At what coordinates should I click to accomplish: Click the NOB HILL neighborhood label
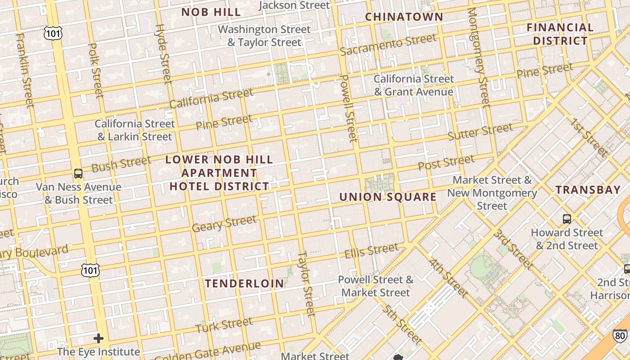click(211, 12)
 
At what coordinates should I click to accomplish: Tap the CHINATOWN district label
click(404, 17)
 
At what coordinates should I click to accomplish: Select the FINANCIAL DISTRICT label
click(560, 34)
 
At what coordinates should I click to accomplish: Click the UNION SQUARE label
click(387, 197)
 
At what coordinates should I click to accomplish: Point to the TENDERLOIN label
click(244, 283)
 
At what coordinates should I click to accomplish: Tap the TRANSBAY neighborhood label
click(588, 189)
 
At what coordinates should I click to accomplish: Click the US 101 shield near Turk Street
click(90, 270)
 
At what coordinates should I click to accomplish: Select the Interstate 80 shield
click(620, 335)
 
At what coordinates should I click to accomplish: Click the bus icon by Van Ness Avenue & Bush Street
click(78, 173)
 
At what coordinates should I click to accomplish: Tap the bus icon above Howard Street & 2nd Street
click(567, 219)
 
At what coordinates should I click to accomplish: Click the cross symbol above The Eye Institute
click(99, 338)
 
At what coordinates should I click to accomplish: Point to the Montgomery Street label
click(478, 58)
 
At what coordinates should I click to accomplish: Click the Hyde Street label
click(163, 54)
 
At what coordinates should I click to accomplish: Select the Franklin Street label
click(25, 70)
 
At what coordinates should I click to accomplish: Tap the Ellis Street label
click(371, 251)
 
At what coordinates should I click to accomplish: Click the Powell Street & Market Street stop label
click(375, 286)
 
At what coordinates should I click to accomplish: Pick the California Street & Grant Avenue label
click(414, 85)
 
